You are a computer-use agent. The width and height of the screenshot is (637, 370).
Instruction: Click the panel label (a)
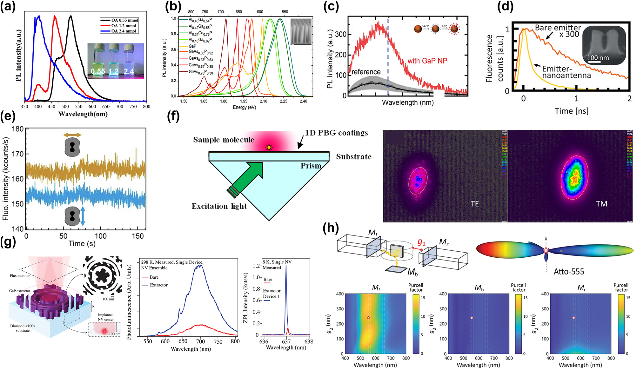pyautogui.click(x=8, y=6)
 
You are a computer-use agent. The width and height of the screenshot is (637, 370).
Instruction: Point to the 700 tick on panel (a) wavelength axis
pyautogui.click(x=119, y=107)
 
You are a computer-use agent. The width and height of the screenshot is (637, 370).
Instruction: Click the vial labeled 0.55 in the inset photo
pyautogui.click(x=98, y=60)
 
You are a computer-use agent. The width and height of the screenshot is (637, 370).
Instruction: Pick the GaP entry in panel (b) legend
pyautogui.click(x=192, y=46)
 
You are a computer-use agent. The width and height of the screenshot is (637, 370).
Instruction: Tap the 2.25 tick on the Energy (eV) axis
pyautogui.click(x=283, y=101)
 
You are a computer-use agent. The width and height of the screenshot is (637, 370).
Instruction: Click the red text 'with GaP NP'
pyautogui.click(x=427, y=61)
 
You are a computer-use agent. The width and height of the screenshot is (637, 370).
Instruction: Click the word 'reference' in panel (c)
pyautogui.click(x=366, y=72)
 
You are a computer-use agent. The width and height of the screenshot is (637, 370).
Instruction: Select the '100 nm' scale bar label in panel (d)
pyautogui.click(x=598, y=58)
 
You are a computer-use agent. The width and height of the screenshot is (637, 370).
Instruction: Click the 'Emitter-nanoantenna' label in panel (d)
pyautogui.click(x=566, y=72)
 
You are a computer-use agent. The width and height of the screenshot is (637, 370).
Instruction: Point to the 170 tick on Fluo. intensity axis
pyautogui.click(x=18, y=154)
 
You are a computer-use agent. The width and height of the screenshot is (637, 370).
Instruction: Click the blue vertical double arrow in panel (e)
pyautogui.click(x=83, y=216)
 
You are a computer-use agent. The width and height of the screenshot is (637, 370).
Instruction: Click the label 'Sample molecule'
pyautogui.click(x=223, y=140)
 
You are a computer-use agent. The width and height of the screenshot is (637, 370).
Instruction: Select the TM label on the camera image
pyautogui.click(x=601, y=204)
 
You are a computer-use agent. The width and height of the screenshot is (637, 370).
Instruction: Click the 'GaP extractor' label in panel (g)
pyautogui.click(x=20, y=291)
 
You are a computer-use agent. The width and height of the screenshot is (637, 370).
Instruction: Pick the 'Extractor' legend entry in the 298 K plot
pyautogui.click(x=158, y=285)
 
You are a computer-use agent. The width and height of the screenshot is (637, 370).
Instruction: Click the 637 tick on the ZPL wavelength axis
pyautogui.click(x=286, y=342)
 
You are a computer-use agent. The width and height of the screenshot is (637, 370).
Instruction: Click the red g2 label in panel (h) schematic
pyautogui.click(x=421, y=242)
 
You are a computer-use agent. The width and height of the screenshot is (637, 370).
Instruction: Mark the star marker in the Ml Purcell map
pyautogui.click(x=368, y=318)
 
